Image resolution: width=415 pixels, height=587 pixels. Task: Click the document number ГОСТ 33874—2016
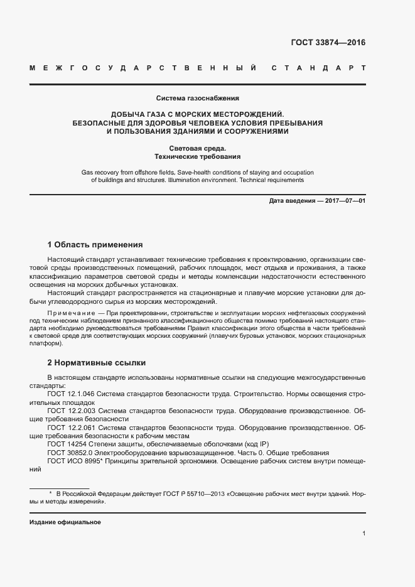[x=328, y=43]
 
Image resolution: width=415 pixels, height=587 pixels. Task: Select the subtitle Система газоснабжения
[x=198, y=98]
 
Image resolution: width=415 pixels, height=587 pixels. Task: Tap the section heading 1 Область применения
[x=95, y=244]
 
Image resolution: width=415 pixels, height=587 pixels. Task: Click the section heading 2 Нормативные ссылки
[x=97, y=363]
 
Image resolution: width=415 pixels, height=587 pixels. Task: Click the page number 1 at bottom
[x=364, y=533]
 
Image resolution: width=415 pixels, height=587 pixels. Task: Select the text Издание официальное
[x=65, y=522]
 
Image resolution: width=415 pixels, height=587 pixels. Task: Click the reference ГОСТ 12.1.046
[x=71, y=393]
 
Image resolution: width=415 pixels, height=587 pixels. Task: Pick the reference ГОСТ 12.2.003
[x=71, y=411]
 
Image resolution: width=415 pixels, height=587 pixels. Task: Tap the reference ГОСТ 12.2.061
[x=71, y=428]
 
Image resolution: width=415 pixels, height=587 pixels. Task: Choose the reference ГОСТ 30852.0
[x=68, y=453]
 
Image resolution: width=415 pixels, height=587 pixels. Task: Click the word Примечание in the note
[x=70, y=313]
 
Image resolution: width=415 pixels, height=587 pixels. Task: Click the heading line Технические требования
[x=198, y=156]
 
